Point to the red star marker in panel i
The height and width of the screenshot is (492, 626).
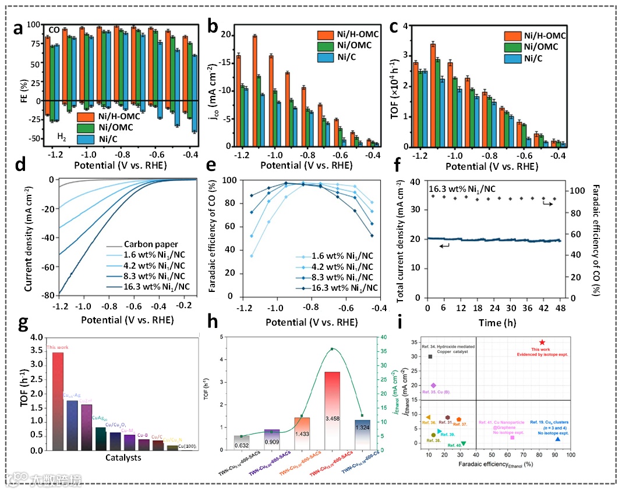(x=542, y=343)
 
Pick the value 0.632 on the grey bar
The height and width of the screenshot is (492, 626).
(x=242, y=446)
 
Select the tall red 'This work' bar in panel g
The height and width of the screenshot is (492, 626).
(x=58, y=401)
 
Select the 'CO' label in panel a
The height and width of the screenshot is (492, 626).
(x=54, y=30)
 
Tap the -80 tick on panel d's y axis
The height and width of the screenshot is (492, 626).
(x=50, y=295)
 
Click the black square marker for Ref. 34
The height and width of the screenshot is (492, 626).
(x=430, y=356)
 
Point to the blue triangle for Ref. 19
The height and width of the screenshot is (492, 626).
(x=558, y=439)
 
